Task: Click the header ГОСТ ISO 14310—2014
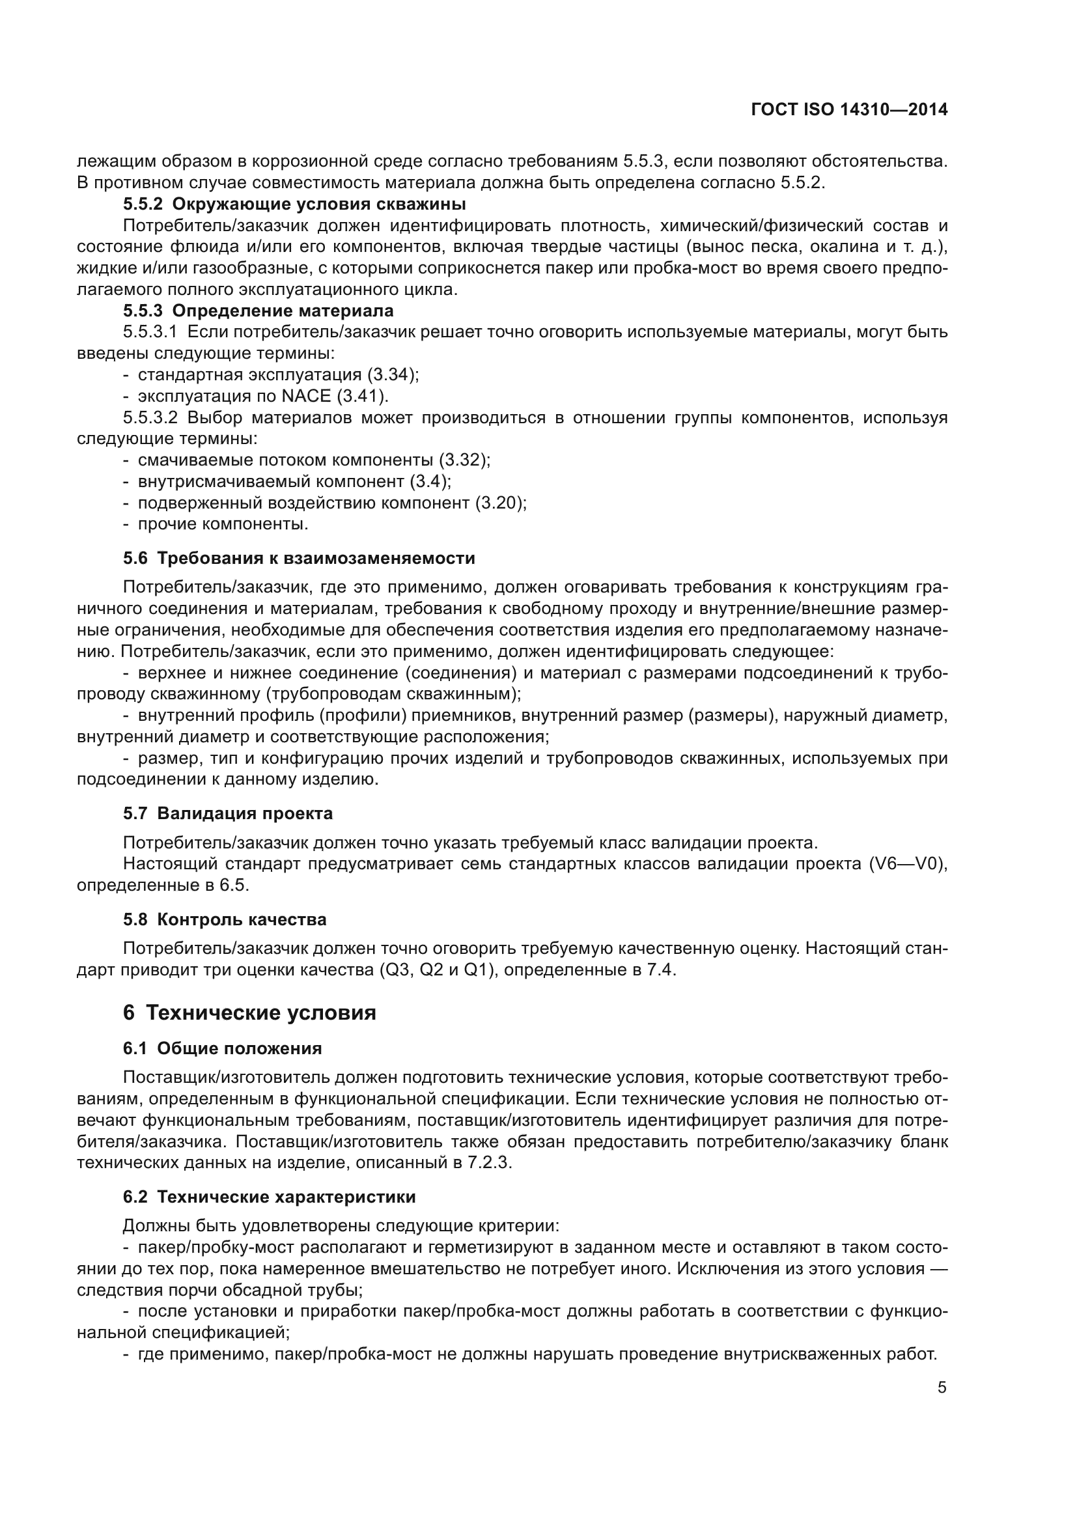tap(849, 109)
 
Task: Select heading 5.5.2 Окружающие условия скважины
tap(294, 204)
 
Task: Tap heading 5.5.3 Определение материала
tap(258, 311)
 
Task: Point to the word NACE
tap(306, 396)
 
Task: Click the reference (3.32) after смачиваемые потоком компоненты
tap(464, 460)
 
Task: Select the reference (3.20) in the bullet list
tap(500, 503)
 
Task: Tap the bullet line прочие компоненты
tap(223, 524)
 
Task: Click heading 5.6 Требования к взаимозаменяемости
tap(298, 559)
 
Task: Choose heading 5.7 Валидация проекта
tap(227, 813)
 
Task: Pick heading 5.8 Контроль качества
tap(224, 920)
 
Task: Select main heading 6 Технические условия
tap(249, 1013)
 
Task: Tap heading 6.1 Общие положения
tap(222, 1049)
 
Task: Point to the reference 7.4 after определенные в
tap(661, 970)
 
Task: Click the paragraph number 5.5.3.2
tap(150, 418)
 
